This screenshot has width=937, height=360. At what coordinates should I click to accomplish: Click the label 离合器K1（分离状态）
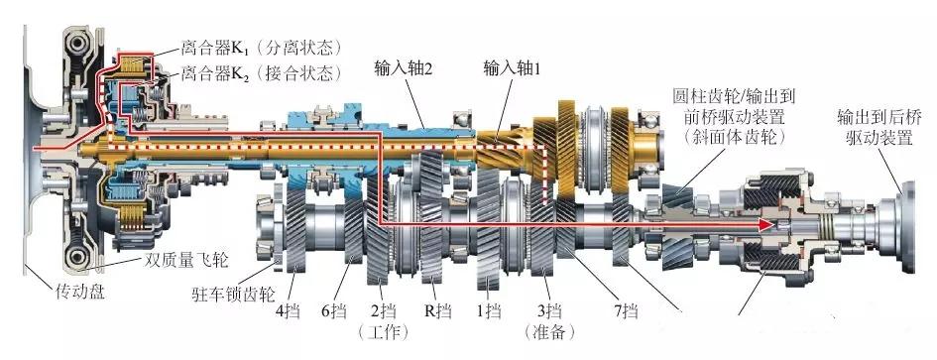pos(260,47)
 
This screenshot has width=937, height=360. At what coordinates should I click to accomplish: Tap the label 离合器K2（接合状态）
pos(260,72)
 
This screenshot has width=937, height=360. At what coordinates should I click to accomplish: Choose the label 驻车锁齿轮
pos(230,295)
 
